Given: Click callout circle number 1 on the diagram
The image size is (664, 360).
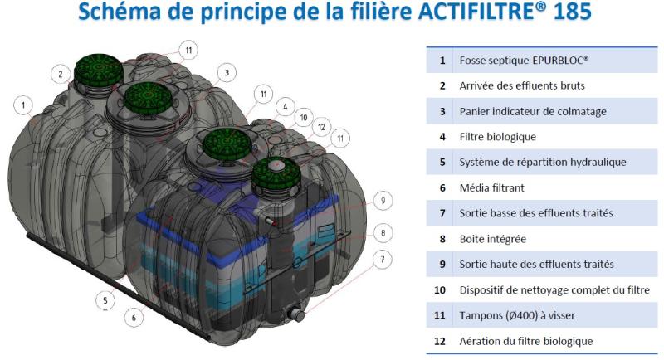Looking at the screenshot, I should pyautogui.click(x=24, y=105).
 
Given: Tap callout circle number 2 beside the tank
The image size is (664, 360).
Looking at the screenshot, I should pyautogui.click(x=60, y=75).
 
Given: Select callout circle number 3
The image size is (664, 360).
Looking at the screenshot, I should pyautogui.click(x=225, y=73).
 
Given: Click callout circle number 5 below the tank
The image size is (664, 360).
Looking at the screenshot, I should pyautogui.click(x=105, y=300).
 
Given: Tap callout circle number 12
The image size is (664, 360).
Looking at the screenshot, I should pyautogui.click(x=320, y=127).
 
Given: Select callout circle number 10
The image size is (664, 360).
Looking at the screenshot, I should pyautogui.click(x=304, y=118).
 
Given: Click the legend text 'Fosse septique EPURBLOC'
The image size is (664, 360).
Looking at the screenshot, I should pyautogui.click(x=524, y=61).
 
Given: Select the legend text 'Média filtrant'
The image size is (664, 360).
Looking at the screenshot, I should pyautogui.click(x=491, y=188).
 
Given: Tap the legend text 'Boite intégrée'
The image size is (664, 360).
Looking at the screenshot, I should pyautogui.click(x=493, y=239).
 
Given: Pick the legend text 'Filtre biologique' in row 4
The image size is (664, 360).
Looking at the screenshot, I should pyautogui.click(x=498, y=137).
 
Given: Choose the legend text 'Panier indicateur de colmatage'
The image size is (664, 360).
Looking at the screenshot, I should pyautogui.click(x=533, y=111).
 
